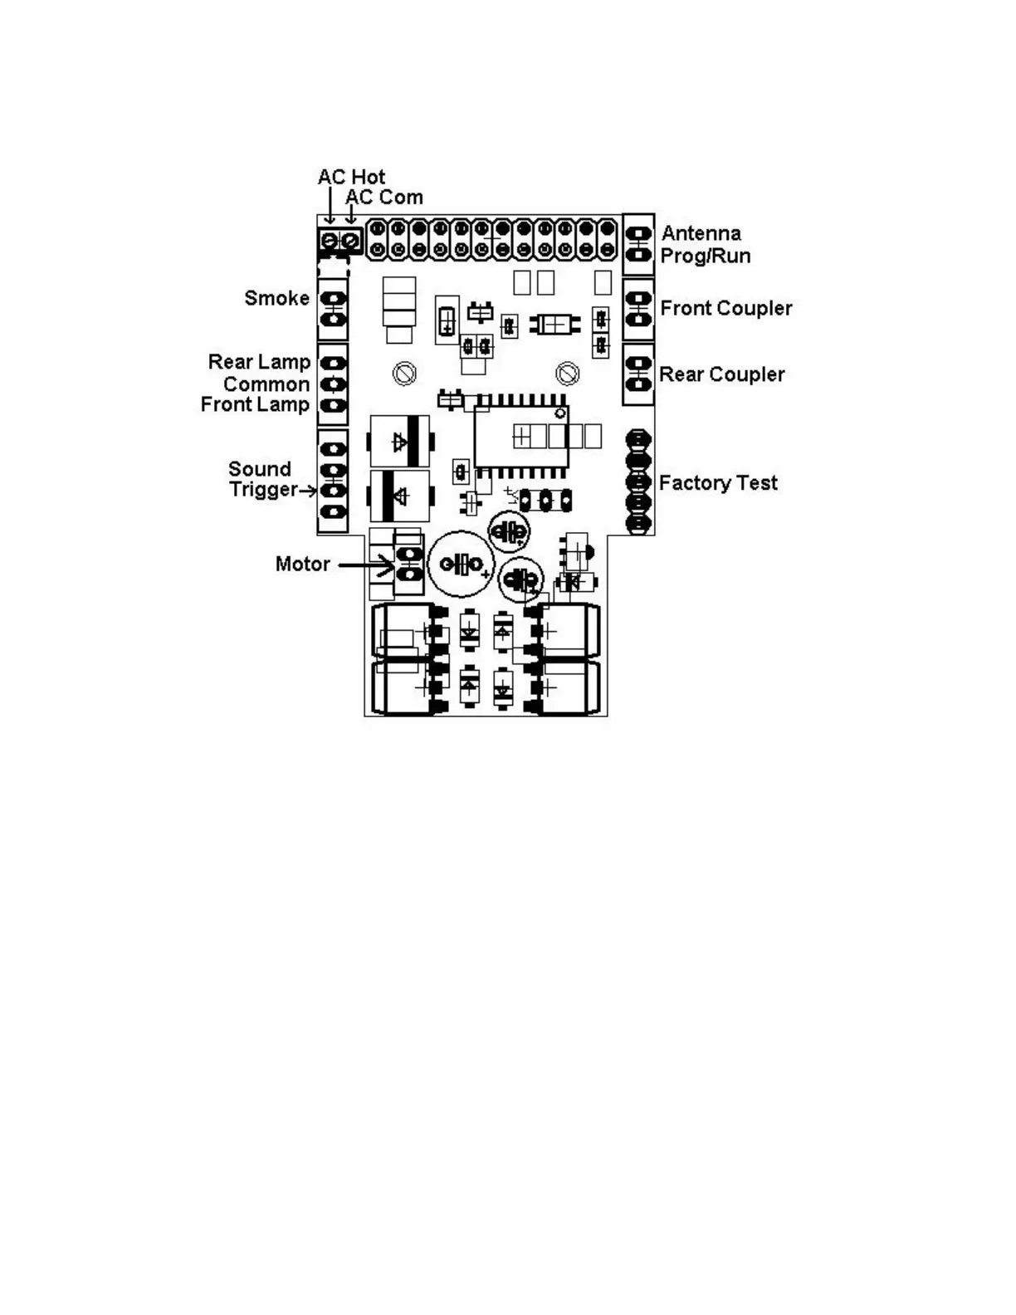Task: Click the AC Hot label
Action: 351,177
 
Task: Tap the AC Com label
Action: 384,198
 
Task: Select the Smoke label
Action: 276,298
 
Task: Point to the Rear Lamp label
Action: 259,362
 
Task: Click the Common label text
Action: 266,384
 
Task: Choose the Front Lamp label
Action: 255,405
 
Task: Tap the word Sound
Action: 259,469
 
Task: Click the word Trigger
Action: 262,490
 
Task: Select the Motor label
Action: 302,565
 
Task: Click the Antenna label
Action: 701,233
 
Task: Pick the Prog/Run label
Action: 705,256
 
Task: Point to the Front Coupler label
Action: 725,309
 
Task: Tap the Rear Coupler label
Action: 721,374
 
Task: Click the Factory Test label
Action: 718,483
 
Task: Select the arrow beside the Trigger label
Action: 308,491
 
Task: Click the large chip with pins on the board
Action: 521,437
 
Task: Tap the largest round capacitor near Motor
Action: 461,565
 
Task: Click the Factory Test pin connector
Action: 637,482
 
